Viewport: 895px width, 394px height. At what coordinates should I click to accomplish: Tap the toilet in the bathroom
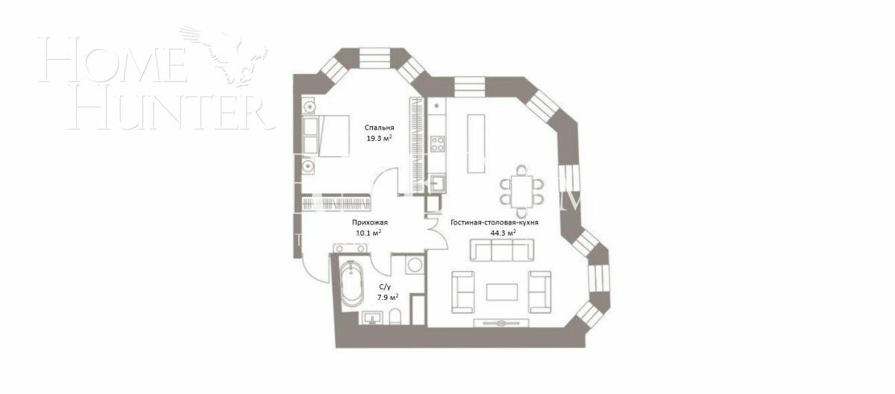pos(395,316)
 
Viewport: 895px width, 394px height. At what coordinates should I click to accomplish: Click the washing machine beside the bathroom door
pos(414,265)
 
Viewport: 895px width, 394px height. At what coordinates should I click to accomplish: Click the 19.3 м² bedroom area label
pos(378,138)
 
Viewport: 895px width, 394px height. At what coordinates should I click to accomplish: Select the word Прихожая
pos(370,222)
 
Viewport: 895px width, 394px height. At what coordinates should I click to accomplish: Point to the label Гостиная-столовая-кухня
pos(494,222)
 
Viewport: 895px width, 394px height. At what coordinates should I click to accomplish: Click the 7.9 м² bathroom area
pos(388,298)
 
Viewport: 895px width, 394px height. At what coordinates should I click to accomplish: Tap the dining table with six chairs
pos(521,187)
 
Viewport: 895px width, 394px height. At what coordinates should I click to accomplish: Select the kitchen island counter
pos(474,143)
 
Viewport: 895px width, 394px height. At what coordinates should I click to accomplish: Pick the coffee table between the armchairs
pos(501,291)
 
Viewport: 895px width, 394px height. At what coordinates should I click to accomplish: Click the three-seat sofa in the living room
pos(501,251)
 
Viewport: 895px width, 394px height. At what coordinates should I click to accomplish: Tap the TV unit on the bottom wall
pos(501,322)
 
